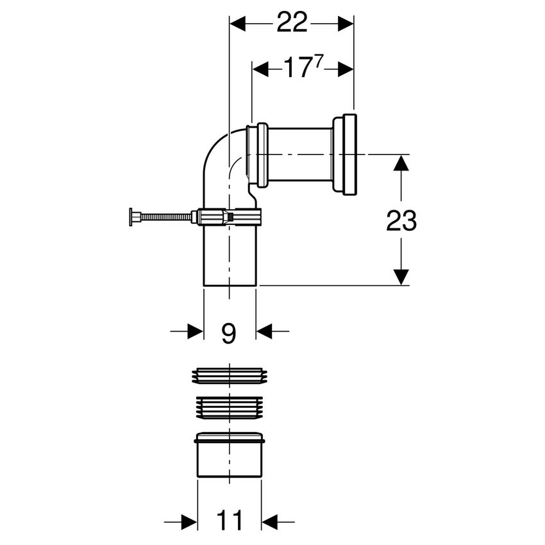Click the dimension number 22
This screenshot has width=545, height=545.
coord(292,22)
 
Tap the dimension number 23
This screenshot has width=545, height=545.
coord(401,221)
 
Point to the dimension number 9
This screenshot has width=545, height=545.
coord(229,333)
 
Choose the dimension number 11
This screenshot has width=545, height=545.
coord(229,521)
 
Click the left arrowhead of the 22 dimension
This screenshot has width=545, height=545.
coord(238,24)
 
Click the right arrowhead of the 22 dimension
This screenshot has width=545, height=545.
coord(346,24)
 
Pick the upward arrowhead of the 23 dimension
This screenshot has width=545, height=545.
coord(401,163)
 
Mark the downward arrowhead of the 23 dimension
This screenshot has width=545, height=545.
coord(401,277)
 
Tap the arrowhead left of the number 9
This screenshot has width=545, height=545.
coord(195,331)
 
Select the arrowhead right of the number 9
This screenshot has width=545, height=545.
coord(264,331)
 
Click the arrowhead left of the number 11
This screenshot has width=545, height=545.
coord(189,522)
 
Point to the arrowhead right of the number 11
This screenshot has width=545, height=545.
coord(270,522)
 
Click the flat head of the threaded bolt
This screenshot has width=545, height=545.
coord(131,217)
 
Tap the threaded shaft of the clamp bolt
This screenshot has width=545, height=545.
coord(166,217)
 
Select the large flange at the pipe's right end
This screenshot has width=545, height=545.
coord(344,154)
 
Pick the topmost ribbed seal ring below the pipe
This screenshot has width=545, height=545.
coord(230,376)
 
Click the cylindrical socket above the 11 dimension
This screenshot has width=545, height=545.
coord(230,455)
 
